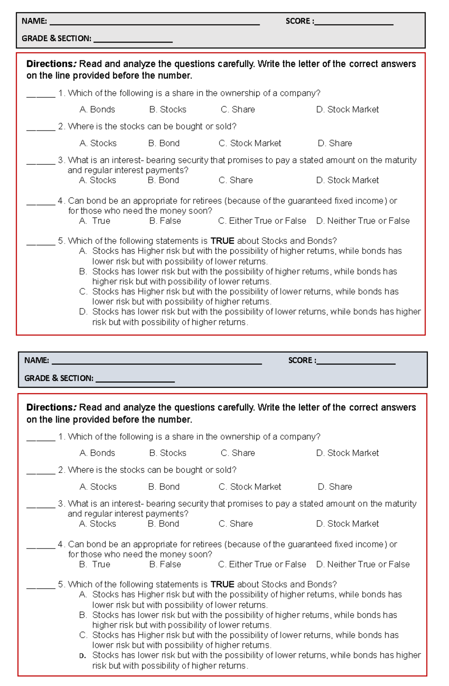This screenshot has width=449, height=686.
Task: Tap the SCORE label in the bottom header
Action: pos(301,360)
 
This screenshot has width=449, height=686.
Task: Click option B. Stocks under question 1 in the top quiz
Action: pos(168,110)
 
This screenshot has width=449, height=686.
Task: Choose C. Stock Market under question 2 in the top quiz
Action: pos(250,143)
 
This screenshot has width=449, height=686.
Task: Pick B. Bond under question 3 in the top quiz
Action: pos(164,180)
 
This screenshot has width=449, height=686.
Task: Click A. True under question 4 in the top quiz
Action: pos(95,221)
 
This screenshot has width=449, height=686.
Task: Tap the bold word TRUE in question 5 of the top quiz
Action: pos(222,241)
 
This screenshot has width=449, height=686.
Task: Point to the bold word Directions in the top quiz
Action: pos(51,64)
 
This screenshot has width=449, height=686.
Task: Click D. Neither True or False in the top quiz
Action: pos(363,221)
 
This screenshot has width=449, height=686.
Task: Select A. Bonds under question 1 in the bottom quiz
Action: pos(97,453)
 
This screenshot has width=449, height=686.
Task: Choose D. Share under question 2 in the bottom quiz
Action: pos(335,487)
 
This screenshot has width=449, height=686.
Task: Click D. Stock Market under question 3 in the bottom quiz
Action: pos(347,524)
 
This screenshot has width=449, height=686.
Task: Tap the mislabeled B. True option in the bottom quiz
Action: pos(95,564)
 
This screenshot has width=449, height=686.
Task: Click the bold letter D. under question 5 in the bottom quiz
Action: pos(83,656)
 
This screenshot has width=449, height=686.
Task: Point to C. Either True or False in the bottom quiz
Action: pos(262,564)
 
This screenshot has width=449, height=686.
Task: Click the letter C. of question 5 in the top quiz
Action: pos(83,292)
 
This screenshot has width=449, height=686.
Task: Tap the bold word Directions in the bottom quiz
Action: pos(51,407)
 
